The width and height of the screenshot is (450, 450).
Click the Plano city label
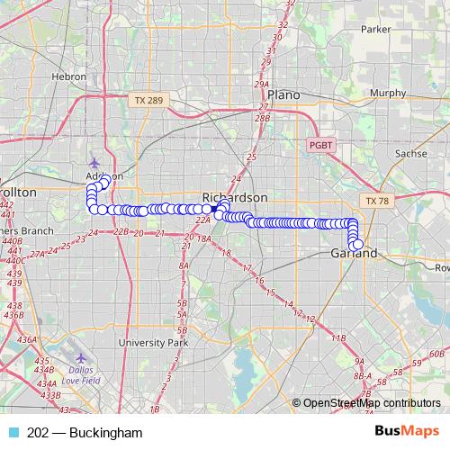click(283, 94)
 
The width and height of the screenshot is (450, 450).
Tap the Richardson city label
click(235, 197)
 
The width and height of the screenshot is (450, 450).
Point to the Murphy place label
click(388, 93)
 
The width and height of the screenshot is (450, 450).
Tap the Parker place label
click(375, 29)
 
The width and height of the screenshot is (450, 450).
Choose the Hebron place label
click(69, 77)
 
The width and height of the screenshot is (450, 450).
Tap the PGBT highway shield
click(320, 144)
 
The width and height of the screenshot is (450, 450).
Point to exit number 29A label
click(262, 85)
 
